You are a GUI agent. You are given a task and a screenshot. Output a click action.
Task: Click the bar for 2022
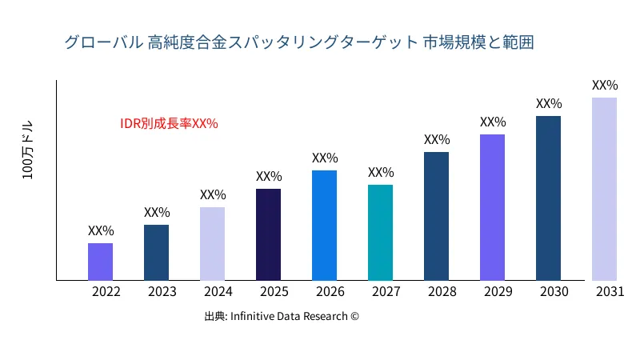tap(100, 262)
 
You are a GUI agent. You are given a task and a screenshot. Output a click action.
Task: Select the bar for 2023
tap(156, 253)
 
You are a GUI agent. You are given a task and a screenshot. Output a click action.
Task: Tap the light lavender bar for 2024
tap(212, 244)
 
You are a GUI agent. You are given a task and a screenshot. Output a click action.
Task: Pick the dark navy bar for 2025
tap(268, 234)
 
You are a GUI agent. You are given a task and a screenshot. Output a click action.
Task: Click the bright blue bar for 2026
tap(324, 226)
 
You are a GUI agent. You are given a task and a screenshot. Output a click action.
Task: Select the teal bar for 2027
tap(380, 233)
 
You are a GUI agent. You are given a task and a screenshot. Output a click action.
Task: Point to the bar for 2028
tap(436, 216)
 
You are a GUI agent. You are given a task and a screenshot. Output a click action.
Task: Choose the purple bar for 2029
tap(492, 207)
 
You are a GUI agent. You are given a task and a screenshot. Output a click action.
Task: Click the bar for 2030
tap(548, 198)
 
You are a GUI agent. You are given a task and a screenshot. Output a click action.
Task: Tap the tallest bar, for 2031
tap(604, 189)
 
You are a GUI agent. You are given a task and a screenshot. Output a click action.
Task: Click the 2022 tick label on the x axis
tap(106, 292)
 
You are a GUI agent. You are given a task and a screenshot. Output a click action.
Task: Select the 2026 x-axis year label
tap(330, 292)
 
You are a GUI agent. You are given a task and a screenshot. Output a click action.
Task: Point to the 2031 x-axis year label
tap(610, 292)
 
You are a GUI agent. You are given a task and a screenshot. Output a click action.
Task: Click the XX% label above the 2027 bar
tap(381, 173)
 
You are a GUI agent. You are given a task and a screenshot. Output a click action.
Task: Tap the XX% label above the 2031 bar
tap(605, 85)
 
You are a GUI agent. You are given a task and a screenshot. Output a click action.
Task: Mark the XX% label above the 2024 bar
tap(213, 194)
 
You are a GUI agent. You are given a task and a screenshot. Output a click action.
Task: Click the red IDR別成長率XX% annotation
tap(169, 123)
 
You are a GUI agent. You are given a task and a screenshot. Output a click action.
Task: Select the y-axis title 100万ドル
tap(28, 151)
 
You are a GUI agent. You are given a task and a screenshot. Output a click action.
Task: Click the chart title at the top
tap(298, 42)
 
